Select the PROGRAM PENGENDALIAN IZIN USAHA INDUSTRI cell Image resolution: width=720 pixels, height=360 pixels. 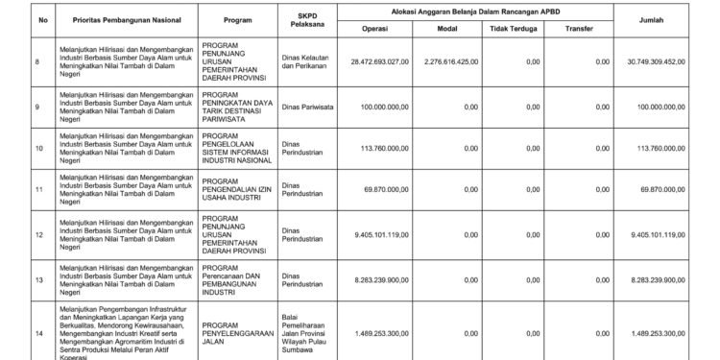234,191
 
